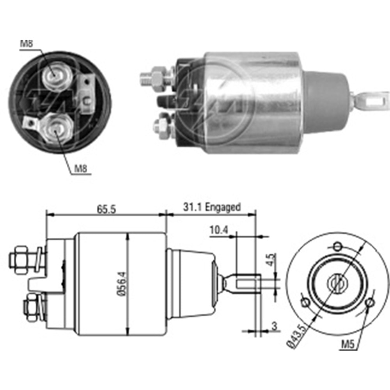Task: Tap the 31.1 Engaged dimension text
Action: click(212, 207)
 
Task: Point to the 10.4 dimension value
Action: click(218, 231)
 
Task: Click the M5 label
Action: click(349, 344)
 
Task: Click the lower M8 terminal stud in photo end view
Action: click(56, 128)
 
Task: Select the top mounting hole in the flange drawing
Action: click(338, 246)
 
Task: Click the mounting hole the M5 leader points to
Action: click(370, 302)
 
